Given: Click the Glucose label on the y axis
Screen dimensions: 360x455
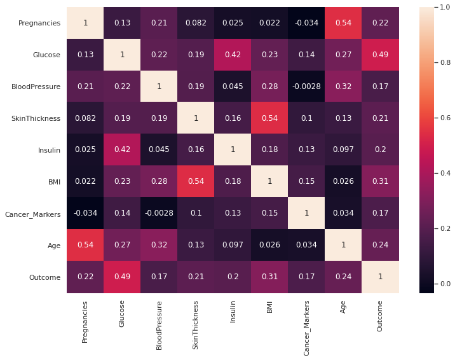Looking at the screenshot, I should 48,55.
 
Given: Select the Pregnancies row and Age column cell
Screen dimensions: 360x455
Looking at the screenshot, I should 344,23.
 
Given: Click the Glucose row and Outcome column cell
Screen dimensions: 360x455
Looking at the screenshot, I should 381,55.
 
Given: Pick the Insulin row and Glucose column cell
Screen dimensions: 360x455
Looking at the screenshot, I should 122,150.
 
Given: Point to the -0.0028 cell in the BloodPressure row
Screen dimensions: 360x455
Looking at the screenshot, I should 307,87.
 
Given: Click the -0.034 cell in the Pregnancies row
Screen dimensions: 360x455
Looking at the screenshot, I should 307,23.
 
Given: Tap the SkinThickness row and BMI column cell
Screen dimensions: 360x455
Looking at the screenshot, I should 270,118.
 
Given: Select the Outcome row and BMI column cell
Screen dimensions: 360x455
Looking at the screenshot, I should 270,277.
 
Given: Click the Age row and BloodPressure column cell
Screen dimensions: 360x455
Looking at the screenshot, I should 159,246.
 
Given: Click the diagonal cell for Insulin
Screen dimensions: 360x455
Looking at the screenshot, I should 233,150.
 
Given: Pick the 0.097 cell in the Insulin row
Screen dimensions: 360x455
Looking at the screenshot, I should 344,150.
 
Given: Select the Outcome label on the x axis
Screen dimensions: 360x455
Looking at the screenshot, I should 381,316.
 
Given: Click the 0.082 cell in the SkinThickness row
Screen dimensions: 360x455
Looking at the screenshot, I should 85,118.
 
